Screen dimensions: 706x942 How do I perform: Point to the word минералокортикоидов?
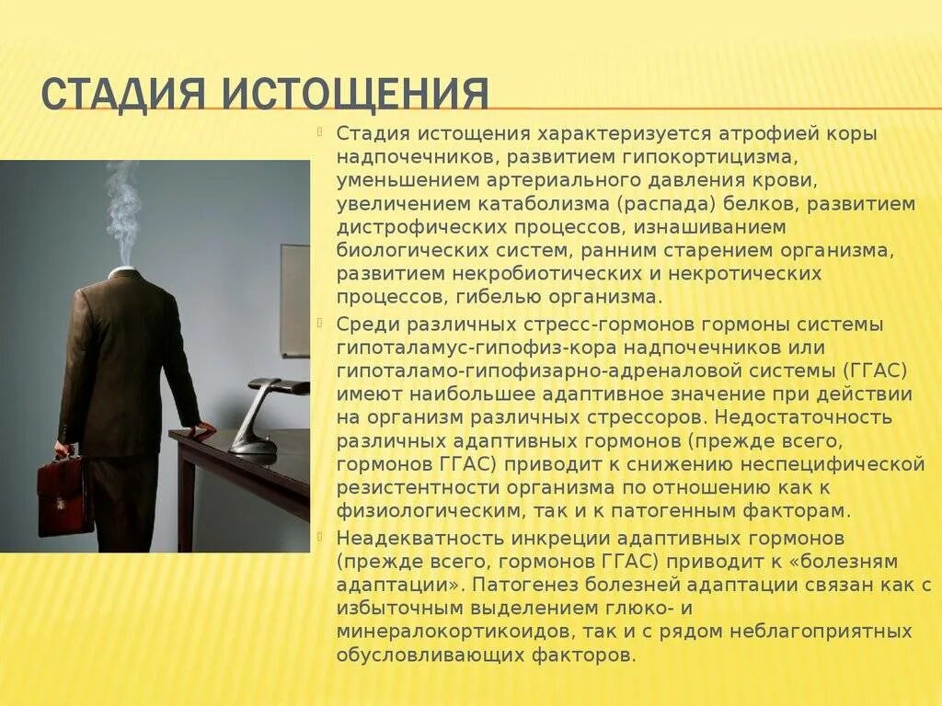click(448, 631)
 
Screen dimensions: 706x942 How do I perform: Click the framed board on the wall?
click(295, 300)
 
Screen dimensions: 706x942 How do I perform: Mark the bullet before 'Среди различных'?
click(320, 323)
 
